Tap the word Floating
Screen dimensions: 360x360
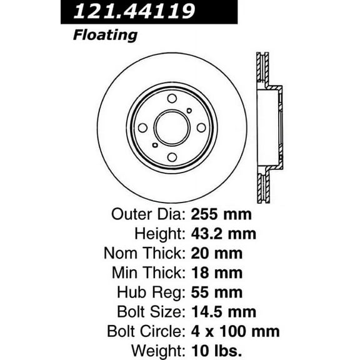click(x=105, y=34)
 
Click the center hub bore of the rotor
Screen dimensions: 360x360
click(x=172, y=127)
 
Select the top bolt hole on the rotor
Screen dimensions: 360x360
click(x=172, y=98)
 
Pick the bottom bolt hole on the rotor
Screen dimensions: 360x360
click(x=172, y=157)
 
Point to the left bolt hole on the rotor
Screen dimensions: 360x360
click(x=142, y=127)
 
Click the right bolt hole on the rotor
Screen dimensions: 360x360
click(x=201, y=127)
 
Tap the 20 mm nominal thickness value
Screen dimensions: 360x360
click(x=216, y=253)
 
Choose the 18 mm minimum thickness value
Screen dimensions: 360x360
click(x=216, y=272)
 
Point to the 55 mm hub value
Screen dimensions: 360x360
click(x=216, y=292)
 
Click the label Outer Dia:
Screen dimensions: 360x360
click(x=147, y=214)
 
